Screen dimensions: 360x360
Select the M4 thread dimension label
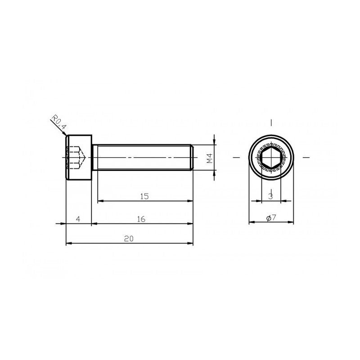tap(210, 158)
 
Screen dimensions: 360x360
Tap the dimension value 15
tap(144, 196)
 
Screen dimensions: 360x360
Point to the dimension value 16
tap(141, 219)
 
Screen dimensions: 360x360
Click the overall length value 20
tap(129, 239)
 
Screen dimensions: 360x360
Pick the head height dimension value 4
tap(78, 219)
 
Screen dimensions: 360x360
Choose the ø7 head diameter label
tap(271, 218)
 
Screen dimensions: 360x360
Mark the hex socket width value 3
tap(271, 197)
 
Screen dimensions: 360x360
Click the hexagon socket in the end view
tap(271, 157)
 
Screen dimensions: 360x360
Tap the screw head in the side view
tap(79, 157)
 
